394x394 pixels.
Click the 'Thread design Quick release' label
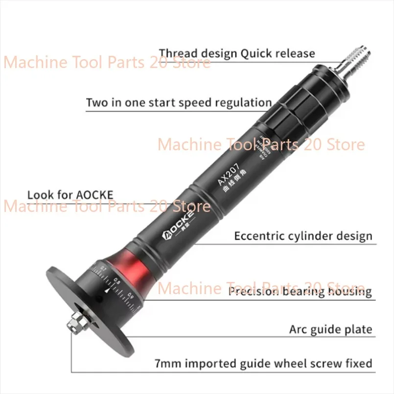[x=237, y=53]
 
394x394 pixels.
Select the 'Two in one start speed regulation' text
[x=179, y=103]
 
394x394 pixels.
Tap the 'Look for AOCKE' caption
[x=70, y=195]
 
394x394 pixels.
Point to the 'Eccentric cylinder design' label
[x=302, y=236]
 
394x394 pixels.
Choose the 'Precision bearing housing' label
[x=300, y=292]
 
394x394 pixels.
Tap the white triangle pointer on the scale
[x=106, y=290]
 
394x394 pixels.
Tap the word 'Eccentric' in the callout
[x=258, y=236]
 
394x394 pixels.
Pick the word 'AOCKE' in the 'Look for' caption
[x=95, y=195]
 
